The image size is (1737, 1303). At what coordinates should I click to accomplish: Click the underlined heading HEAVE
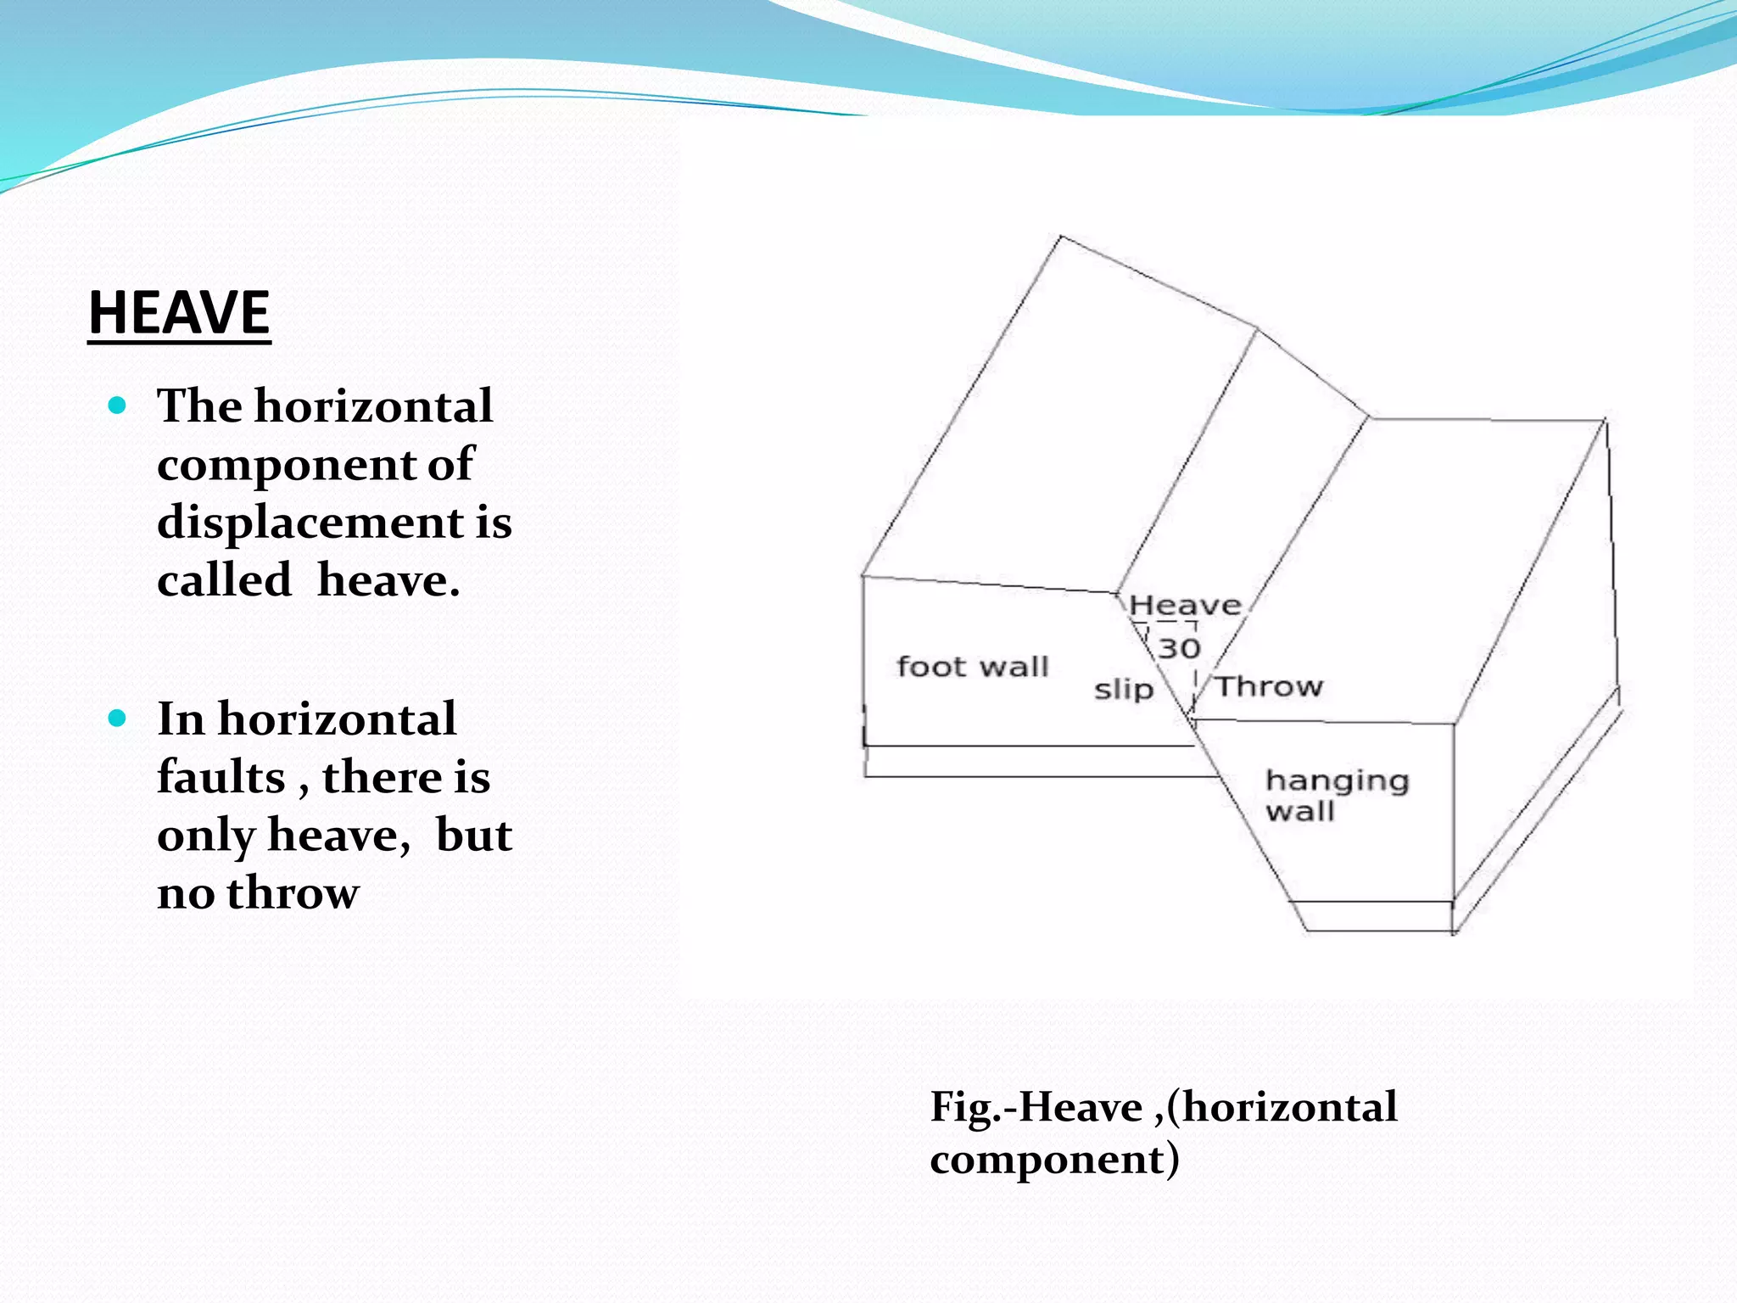[x=179, y=313]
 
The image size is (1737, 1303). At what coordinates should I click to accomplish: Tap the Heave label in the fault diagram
[x=1185, y=606]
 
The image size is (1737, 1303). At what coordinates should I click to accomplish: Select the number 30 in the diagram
[x=1180, y=649]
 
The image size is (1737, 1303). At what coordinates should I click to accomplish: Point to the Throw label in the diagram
[x=1269, y=685]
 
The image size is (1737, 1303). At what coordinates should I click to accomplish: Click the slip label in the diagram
[x=1124, y=689]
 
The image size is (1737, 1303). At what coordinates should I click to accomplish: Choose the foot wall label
[x=972, y=667]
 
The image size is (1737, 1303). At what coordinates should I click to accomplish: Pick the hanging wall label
[x=1337, y=796]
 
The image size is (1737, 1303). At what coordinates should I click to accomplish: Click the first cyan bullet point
[x=118, y=405]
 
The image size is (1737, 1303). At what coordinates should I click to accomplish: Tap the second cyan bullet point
[x=118, y=719]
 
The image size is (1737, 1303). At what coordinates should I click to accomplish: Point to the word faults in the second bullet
[x=221, y=777]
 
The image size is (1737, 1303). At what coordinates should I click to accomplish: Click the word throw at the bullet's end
[x=293, y=892]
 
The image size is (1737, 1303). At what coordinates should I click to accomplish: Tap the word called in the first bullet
[x=224, y=580]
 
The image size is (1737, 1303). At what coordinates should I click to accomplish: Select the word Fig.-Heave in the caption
[x=1036, y=1107]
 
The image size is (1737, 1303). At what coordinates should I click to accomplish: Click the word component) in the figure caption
[x=1054, y=1159]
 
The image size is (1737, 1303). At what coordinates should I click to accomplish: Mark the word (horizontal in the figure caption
[x=1282, y=1107]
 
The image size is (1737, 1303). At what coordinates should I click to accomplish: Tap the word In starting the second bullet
[x=181, y=719]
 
